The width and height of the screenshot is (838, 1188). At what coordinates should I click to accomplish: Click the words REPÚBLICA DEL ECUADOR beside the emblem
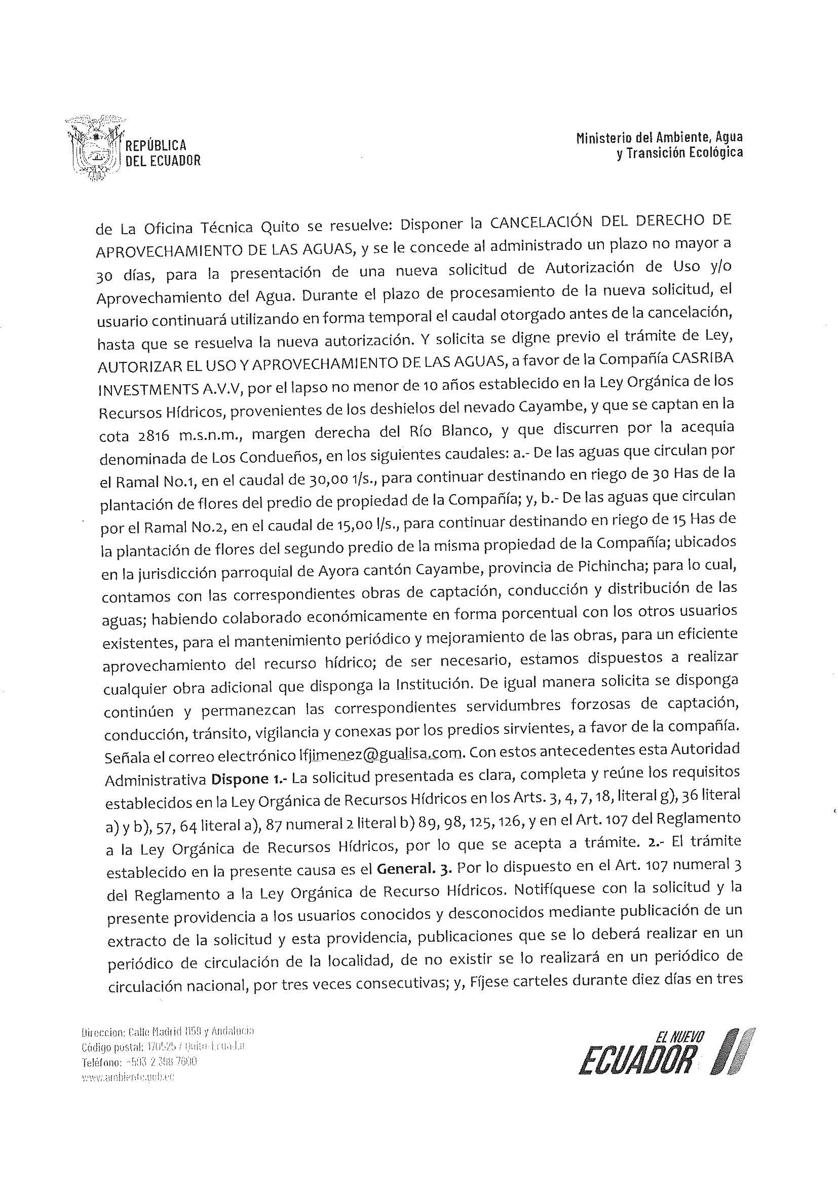click(x=163, y=153)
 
